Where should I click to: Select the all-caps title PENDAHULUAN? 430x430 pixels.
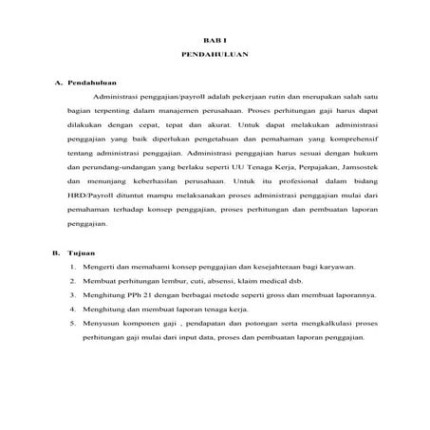click(x=215, y=57)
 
